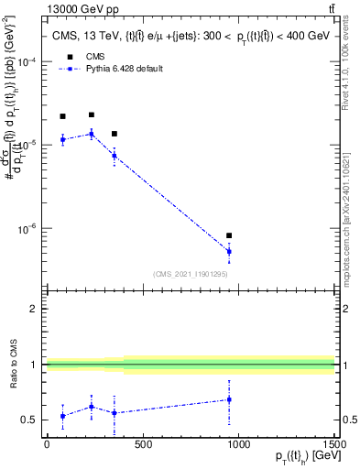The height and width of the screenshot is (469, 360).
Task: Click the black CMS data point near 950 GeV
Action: click(x=229, y=235)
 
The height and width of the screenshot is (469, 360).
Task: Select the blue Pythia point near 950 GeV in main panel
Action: click(x=229, y=251)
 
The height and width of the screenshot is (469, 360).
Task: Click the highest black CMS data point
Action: click(x=91, y=115)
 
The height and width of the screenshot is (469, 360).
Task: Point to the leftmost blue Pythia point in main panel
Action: click(x=62, y=139)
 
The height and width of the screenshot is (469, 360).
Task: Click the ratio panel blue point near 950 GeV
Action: click(x=229, y=399)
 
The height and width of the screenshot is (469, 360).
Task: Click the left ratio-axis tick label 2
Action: click(x=33, y=309)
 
